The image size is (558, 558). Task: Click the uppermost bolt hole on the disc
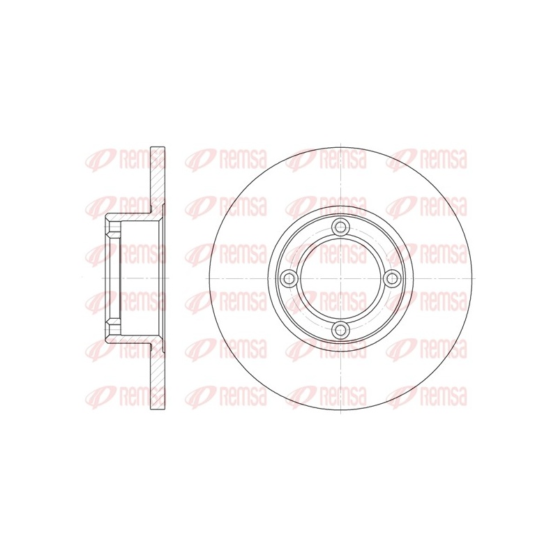[x=340, y=227]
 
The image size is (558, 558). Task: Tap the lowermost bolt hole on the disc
[x=340, y=329]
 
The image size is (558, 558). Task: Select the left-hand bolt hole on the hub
[x=289, y=278]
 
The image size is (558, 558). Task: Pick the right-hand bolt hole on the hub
[x=392, y=278]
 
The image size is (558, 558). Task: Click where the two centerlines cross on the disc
[x=340, y=278]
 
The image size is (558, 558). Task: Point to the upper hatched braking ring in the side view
[x=158, y=177]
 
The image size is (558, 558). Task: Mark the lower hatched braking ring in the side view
[x=158, y=377]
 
